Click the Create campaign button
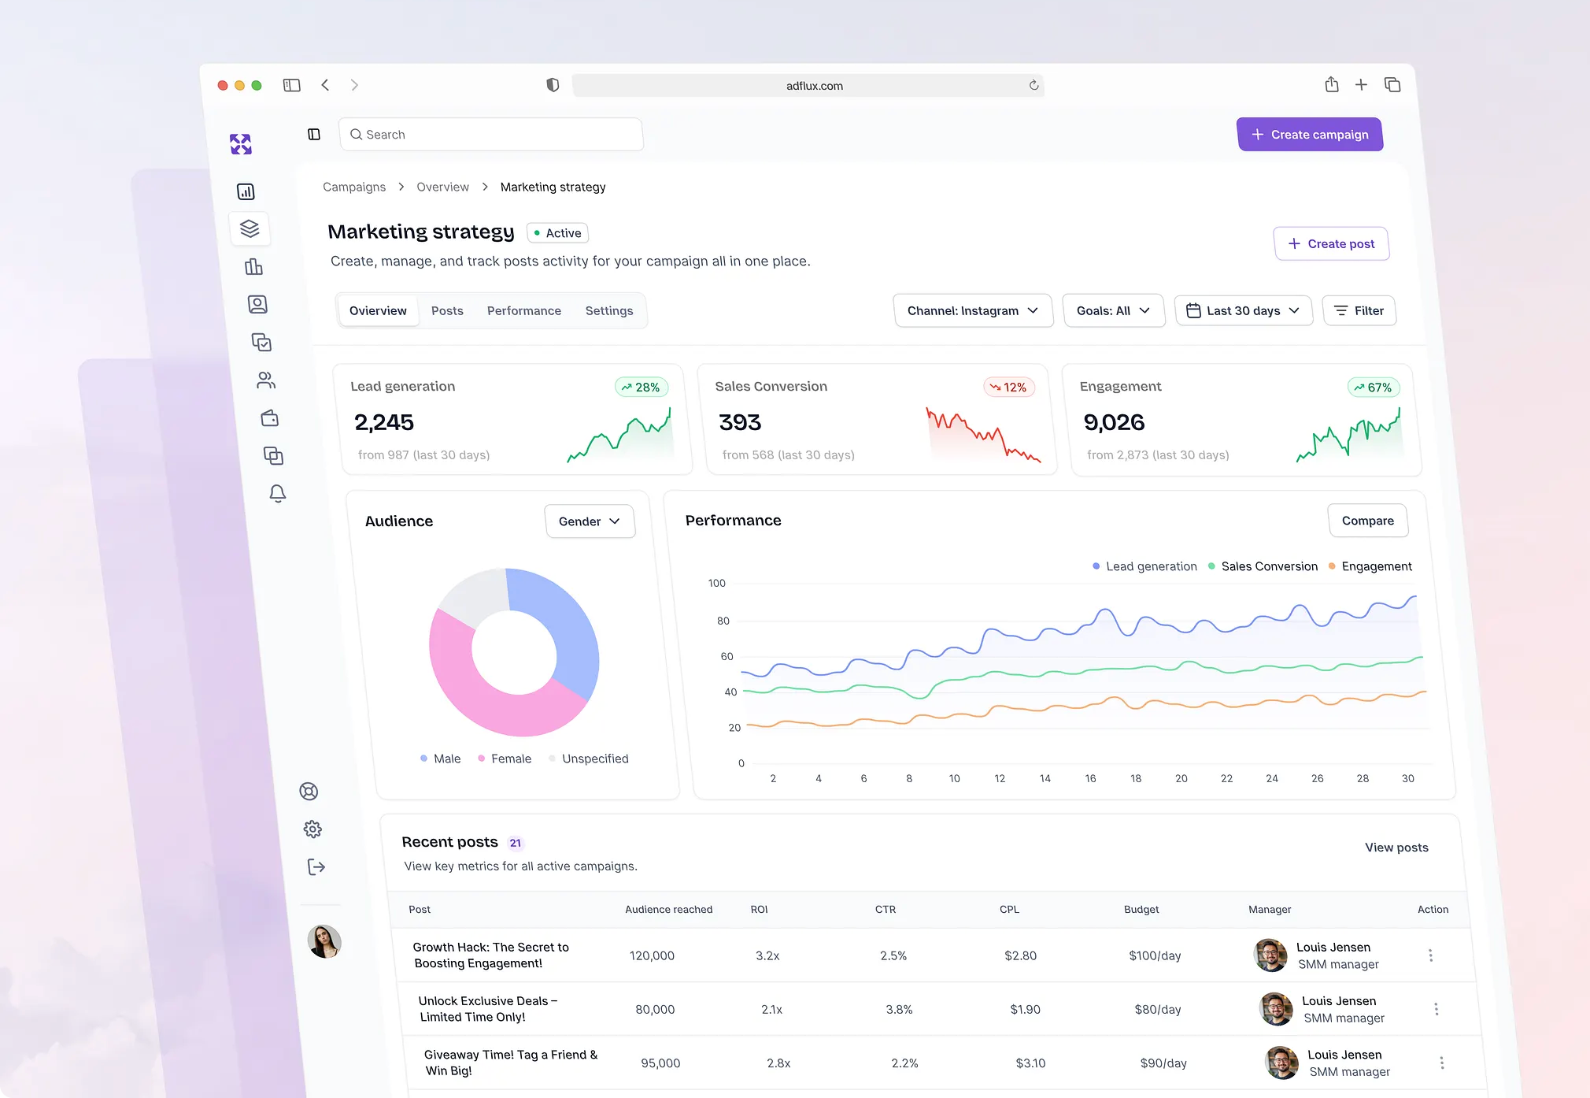(x=1310, y=135)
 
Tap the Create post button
(x=1331, y=244)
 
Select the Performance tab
(x=523, y=311)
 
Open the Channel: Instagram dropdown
(x=972, y=311)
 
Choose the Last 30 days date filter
(x=1243, y=311)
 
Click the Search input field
(x=491, y=135)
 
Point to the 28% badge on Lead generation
(x=641, y=388)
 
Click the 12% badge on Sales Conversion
(x=1008, y=388)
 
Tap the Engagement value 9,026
(x=1114, y=423)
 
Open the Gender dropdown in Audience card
(x=589, y=521)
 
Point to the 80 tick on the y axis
(x=723, y=621)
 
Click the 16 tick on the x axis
(x=1090, y=779)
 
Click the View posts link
(x=1396, y=848)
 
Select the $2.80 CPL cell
(x=1020, y=956)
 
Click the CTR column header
(x=886, y=910)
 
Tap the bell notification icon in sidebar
(x=277, y=494)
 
